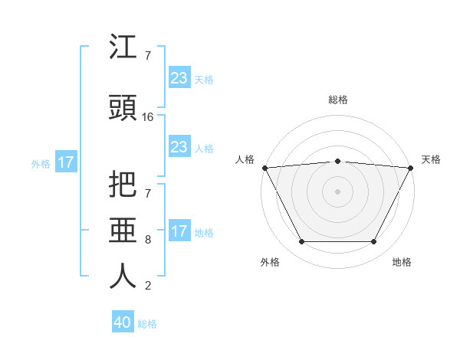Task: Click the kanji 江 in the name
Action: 123,47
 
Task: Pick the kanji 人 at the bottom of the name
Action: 123,275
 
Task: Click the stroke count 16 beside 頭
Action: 148,117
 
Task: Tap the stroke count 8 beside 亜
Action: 148,240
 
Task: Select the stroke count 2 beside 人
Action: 148,286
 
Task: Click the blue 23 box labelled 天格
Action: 179,78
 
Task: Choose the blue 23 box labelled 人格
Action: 179,147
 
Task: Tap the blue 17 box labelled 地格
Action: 179,231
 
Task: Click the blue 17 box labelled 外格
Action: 66,162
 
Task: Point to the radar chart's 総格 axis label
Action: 337,100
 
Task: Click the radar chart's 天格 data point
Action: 411,167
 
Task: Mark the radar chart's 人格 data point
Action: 264,167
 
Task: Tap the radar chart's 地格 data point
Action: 373,242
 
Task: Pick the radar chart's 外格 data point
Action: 301,242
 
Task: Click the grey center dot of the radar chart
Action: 337,191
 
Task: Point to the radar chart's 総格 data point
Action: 337,161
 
